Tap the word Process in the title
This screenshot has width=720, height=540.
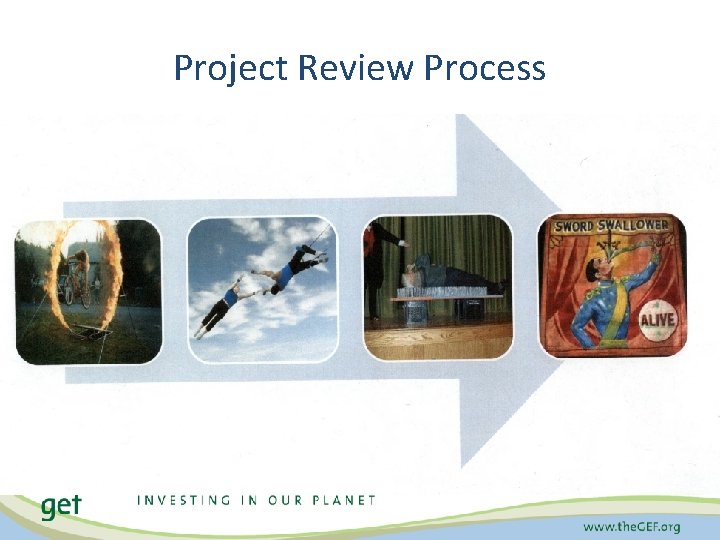[485, 68]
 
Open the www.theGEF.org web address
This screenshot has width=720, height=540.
[632, 525]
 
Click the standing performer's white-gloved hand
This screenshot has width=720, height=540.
[402, 242]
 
